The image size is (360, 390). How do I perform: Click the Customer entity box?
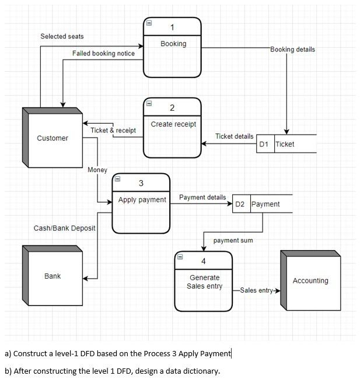click(x=53, y=138)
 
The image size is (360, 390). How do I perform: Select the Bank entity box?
click(x=53, y=276)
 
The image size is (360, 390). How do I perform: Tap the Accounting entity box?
click(x=310, y=280)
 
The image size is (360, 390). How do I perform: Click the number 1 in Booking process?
click(x=172, y=27)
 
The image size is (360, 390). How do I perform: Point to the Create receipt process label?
click(x=173, y=124)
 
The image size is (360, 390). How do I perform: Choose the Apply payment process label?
click(x=142, y=200)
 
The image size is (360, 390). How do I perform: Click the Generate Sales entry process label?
click(x=204, y=282)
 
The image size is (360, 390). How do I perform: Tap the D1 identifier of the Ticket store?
click(x=264, y=144)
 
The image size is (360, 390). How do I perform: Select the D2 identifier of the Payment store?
click(x=240, y=204)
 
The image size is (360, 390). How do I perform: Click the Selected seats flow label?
click(x=62, y=37)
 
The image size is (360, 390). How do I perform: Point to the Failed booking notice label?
click(x=103, y=54)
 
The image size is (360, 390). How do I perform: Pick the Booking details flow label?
click(x=292, y=50)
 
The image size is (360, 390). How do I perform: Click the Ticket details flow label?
click(x=234, y=136)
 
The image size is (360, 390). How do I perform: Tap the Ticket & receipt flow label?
click(x=113, y=131)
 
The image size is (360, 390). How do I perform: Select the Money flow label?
click(x=97, y=170)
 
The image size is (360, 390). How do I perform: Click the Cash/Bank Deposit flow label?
click(x=64, y=228)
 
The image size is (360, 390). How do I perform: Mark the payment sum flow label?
click(x=233, y=240)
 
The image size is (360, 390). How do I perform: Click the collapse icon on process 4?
click(x=180, y=256)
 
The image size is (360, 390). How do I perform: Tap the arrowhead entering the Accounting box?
click(x=277, y=290)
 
